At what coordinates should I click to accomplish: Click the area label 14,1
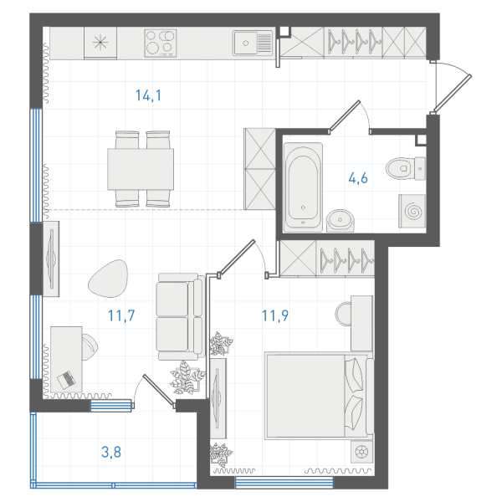click(x=148, y=95)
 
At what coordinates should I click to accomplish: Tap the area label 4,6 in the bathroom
click(x=358, y=178)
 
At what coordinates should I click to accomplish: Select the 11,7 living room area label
click(x=121, y=315)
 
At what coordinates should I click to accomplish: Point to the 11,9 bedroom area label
click(x=275, y=315)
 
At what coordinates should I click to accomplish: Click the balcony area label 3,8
click(x=111, y=452)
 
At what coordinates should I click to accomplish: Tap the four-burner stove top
click(x=161, y=44)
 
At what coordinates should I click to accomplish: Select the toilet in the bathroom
click(x=405, y=168)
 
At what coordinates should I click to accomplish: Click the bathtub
click(x=303, y=187)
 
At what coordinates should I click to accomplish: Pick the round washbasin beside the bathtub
click(x=341, y=220)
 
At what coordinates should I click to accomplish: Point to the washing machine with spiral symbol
click(x=412, y=212)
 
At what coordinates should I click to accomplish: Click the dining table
click(x=141, y=169)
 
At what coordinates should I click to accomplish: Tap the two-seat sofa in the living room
click(x=181, y=316)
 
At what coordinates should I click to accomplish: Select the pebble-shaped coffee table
click(x=108, y=279)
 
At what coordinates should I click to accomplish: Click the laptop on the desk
click(x=66, y=380)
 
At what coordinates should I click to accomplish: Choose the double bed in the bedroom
click(x=319, y=396)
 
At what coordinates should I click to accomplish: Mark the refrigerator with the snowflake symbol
click(x=100, y=43)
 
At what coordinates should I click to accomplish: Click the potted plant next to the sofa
click(x=187, y=377)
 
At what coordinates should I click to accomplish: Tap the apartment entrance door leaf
click(x=452, y=95)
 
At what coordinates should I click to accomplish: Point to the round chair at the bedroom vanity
click(x=343, y=314)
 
